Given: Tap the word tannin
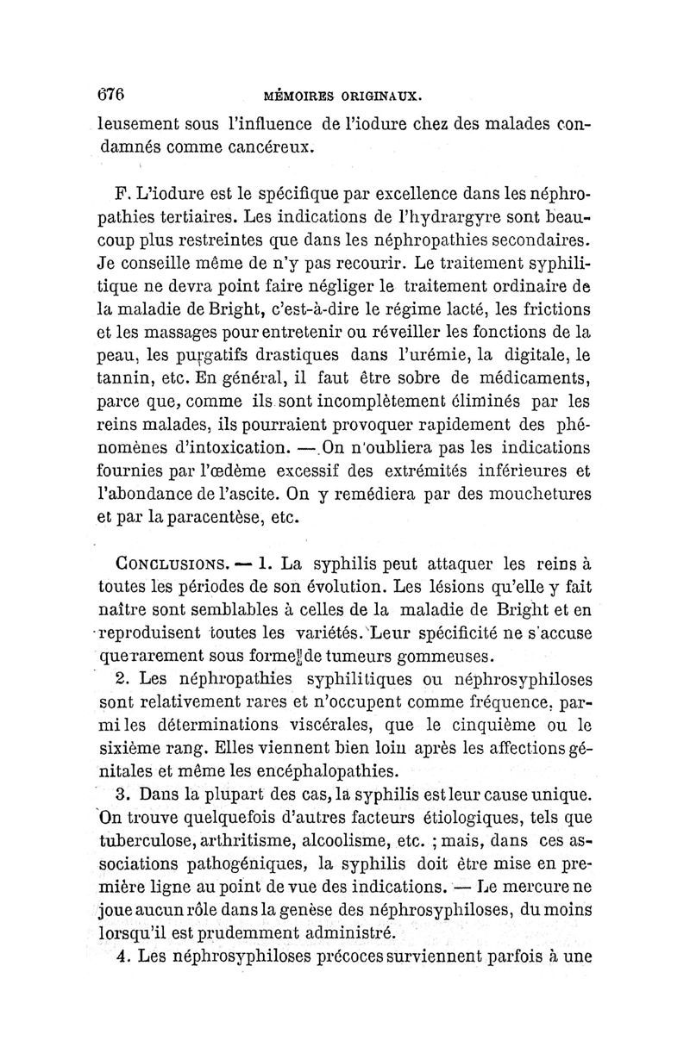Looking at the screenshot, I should [x=122, y=377].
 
